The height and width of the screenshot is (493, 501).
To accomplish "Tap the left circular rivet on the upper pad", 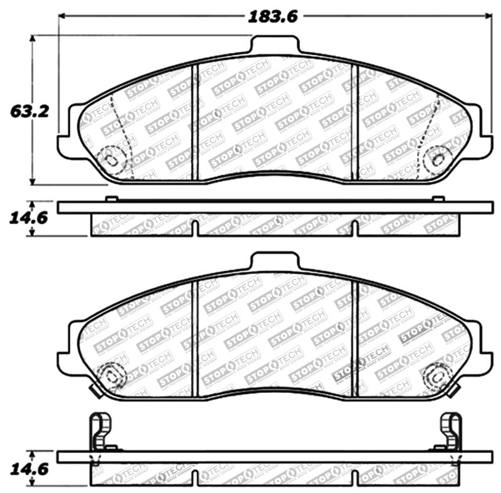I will pyautogui.click(x=111, y=159).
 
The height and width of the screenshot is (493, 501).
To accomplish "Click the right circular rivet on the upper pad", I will pyautogui.click(x=437, y=158).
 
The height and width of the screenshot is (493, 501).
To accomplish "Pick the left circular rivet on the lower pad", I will pyautogui.click(x=112, y=376).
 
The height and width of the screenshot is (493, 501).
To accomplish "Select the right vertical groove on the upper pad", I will pyautogui.click(x=355, y=122).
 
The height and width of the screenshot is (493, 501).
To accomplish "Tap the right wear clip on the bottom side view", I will pyautogui.click(x=451, y=432).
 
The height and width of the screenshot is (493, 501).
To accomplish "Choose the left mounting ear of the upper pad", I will pyautogui.click(x=68, y=145).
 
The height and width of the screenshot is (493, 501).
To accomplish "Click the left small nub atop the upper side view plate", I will pyautogui.click(x=111, y=199).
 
